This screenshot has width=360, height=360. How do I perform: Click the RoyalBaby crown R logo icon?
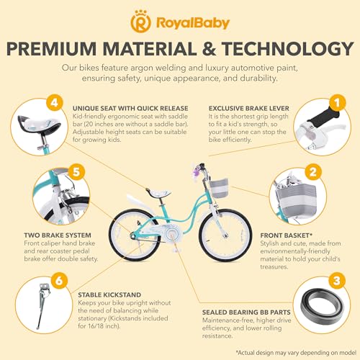coord(140,22)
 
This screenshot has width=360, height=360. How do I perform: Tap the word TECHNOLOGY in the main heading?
coord(287,49)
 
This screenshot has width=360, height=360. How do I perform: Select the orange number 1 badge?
coord(338,103)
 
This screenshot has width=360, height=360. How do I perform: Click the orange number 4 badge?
coord(55,103)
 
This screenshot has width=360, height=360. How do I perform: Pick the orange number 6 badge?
coord(59,280)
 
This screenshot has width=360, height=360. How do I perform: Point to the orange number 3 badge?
coord(337,280)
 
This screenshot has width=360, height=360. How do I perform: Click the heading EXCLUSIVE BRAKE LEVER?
coord(249,109)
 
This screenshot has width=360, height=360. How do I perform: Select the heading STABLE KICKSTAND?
coord(109,294)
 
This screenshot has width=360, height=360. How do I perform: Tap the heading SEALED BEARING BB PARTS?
coord(246,312)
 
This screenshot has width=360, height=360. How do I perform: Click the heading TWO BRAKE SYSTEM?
coord(58,235)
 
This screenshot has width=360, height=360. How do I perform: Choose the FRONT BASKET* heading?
coord(287,235)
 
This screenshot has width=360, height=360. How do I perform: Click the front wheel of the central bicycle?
coord(225,235)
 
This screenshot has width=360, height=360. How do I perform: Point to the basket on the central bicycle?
coord(219,189)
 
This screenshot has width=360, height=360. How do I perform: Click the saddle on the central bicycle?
coord(158,192)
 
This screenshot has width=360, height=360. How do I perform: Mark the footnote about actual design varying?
coord(296,353)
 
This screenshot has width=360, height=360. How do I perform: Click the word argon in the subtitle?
coord(142,68)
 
